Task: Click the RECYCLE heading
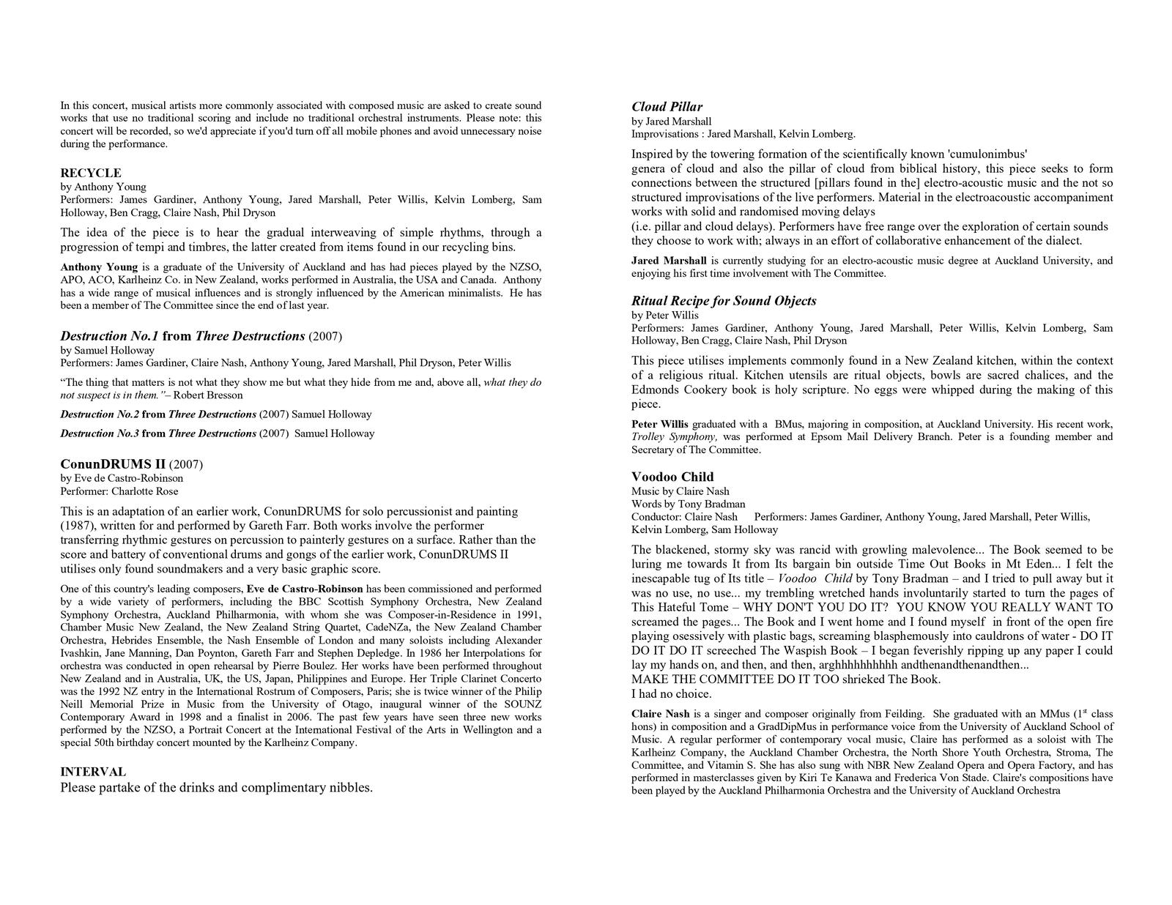[x=91, y=173]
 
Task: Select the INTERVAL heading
[x=92, y=772]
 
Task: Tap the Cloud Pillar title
[x=667, y=107]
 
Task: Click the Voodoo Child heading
[x=672, y=477]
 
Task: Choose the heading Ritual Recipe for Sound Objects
[x=724, y=301]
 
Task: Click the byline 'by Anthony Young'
[x=103, y=187]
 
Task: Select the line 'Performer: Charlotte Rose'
[x=119, y=491]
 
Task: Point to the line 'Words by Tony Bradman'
[x=689, y=504]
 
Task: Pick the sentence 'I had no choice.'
[x=672, y=693]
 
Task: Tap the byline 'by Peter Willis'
[x=665, y=315]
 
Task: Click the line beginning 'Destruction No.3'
[x=217, y=433]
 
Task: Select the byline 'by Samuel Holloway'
[x=108, y=350]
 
